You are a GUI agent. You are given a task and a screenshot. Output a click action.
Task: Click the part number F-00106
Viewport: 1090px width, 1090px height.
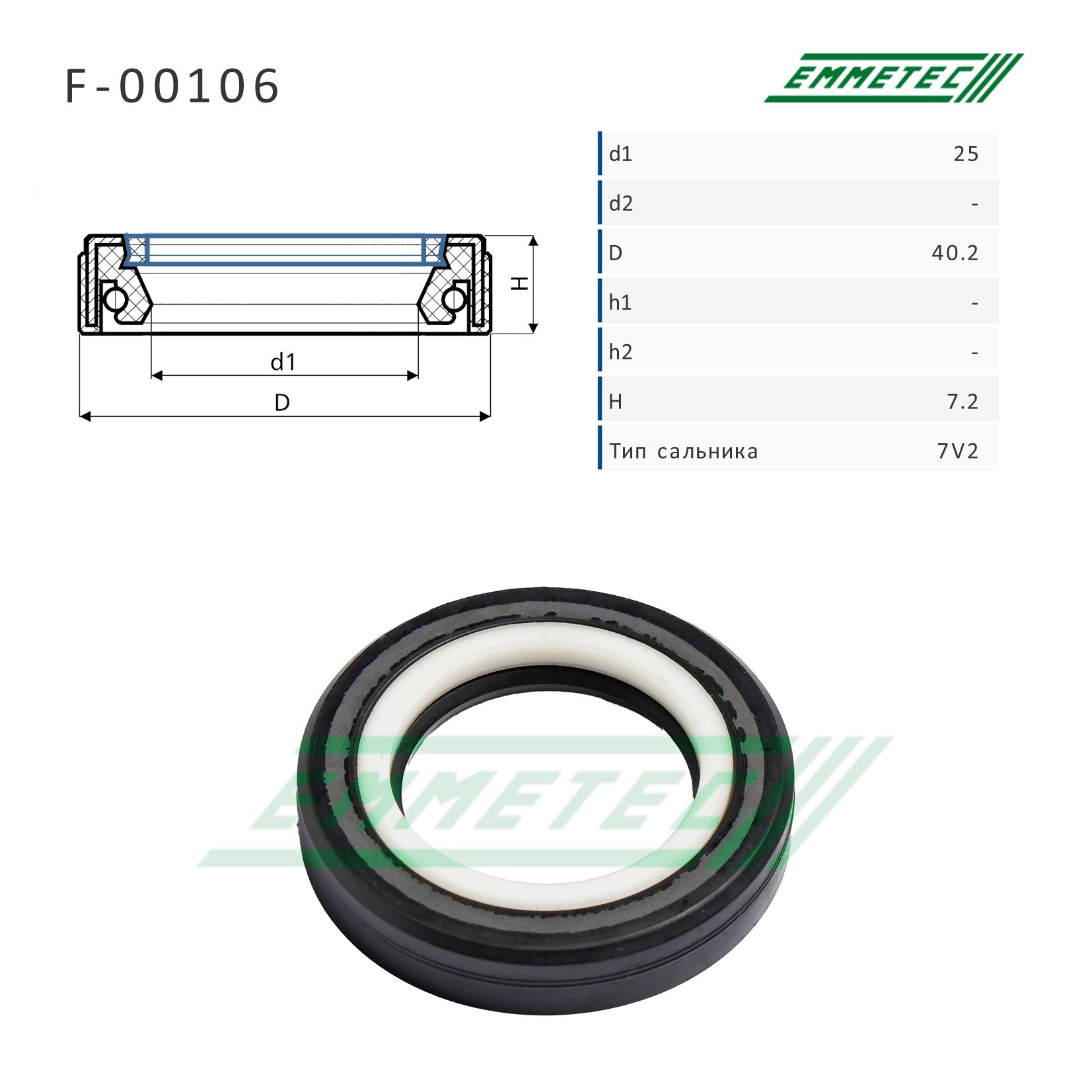[172, 86]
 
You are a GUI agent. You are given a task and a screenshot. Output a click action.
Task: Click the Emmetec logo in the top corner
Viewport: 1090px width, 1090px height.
[893, 78]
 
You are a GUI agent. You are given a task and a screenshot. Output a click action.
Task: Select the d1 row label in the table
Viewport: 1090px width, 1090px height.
[620, 155]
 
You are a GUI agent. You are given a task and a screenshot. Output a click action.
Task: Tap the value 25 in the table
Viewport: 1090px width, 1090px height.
[965, 155]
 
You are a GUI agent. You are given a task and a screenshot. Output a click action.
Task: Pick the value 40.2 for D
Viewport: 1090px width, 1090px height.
[955, 253]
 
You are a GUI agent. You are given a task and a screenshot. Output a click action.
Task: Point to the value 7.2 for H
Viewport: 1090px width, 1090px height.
[963, 402]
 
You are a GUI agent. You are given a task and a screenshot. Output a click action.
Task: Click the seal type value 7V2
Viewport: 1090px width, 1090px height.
[958, 451]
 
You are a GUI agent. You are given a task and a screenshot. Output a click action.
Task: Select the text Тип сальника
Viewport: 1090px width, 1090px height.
[684, 452]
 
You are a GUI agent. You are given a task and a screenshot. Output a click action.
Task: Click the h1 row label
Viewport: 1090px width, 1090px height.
[620, 303]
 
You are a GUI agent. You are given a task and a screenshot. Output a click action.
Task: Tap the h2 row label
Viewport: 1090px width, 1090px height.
[620, 352]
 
